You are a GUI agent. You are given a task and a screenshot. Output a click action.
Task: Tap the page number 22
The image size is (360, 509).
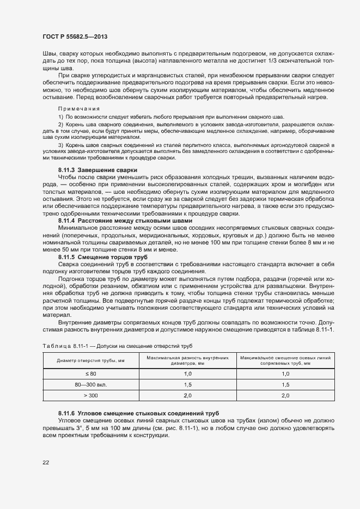click(46, 463)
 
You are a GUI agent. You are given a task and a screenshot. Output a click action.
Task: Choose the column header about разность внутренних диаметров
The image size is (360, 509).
click(187, 360)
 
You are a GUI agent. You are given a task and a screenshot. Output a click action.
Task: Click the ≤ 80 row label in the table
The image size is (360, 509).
click(90, 374)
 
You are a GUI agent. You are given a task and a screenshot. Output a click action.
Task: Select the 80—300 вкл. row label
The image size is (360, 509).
click(90, 385)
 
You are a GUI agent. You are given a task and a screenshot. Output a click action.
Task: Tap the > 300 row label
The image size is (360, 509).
click(90, 396)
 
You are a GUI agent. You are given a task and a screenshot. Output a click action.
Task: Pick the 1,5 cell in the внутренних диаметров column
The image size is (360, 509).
click(187, 385)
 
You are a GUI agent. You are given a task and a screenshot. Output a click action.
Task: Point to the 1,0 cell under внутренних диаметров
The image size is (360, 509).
click(187, 374)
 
